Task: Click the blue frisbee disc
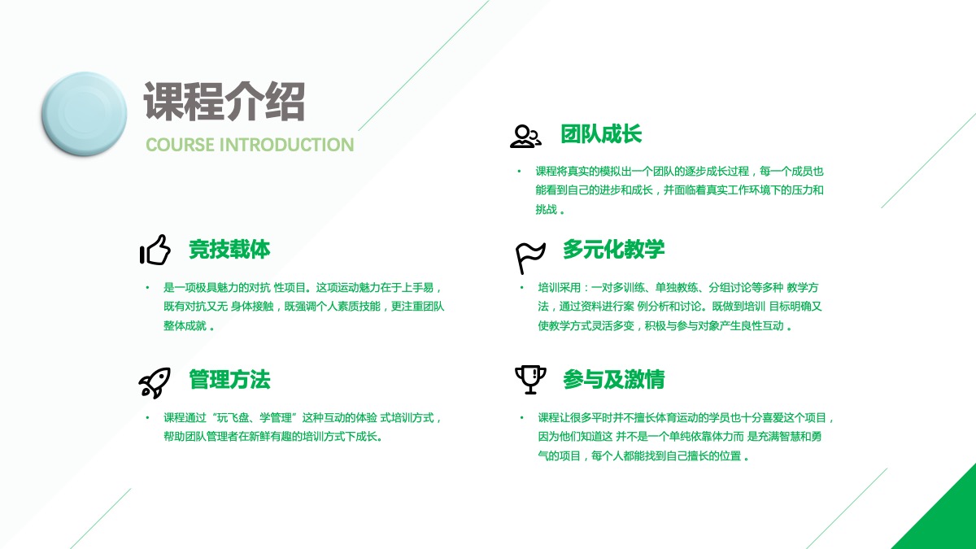tap(84, 114)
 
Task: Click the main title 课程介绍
tap(224, 101)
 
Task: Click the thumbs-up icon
tap(155, 250)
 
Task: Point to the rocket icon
tap(155, 382)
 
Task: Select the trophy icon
tap(530, 380)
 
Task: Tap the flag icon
tap(529, 258)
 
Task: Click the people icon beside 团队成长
tap(525, 137)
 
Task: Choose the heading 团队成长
tap(601, 133)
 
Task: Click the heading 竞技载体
tap(229, 250)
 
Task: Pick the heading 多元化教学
tap(613, 249)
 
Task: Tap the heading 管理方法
tap(229, 379)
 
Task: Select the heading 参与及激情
tap(613, 379)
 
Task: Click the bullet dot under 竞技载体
tap(147, 288)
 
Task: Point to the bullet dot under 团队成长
tap(519, 172)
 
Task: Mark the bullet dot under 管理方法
tap(147, 418)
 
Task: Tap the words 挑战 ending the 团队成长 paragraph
tap(547, 210)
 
